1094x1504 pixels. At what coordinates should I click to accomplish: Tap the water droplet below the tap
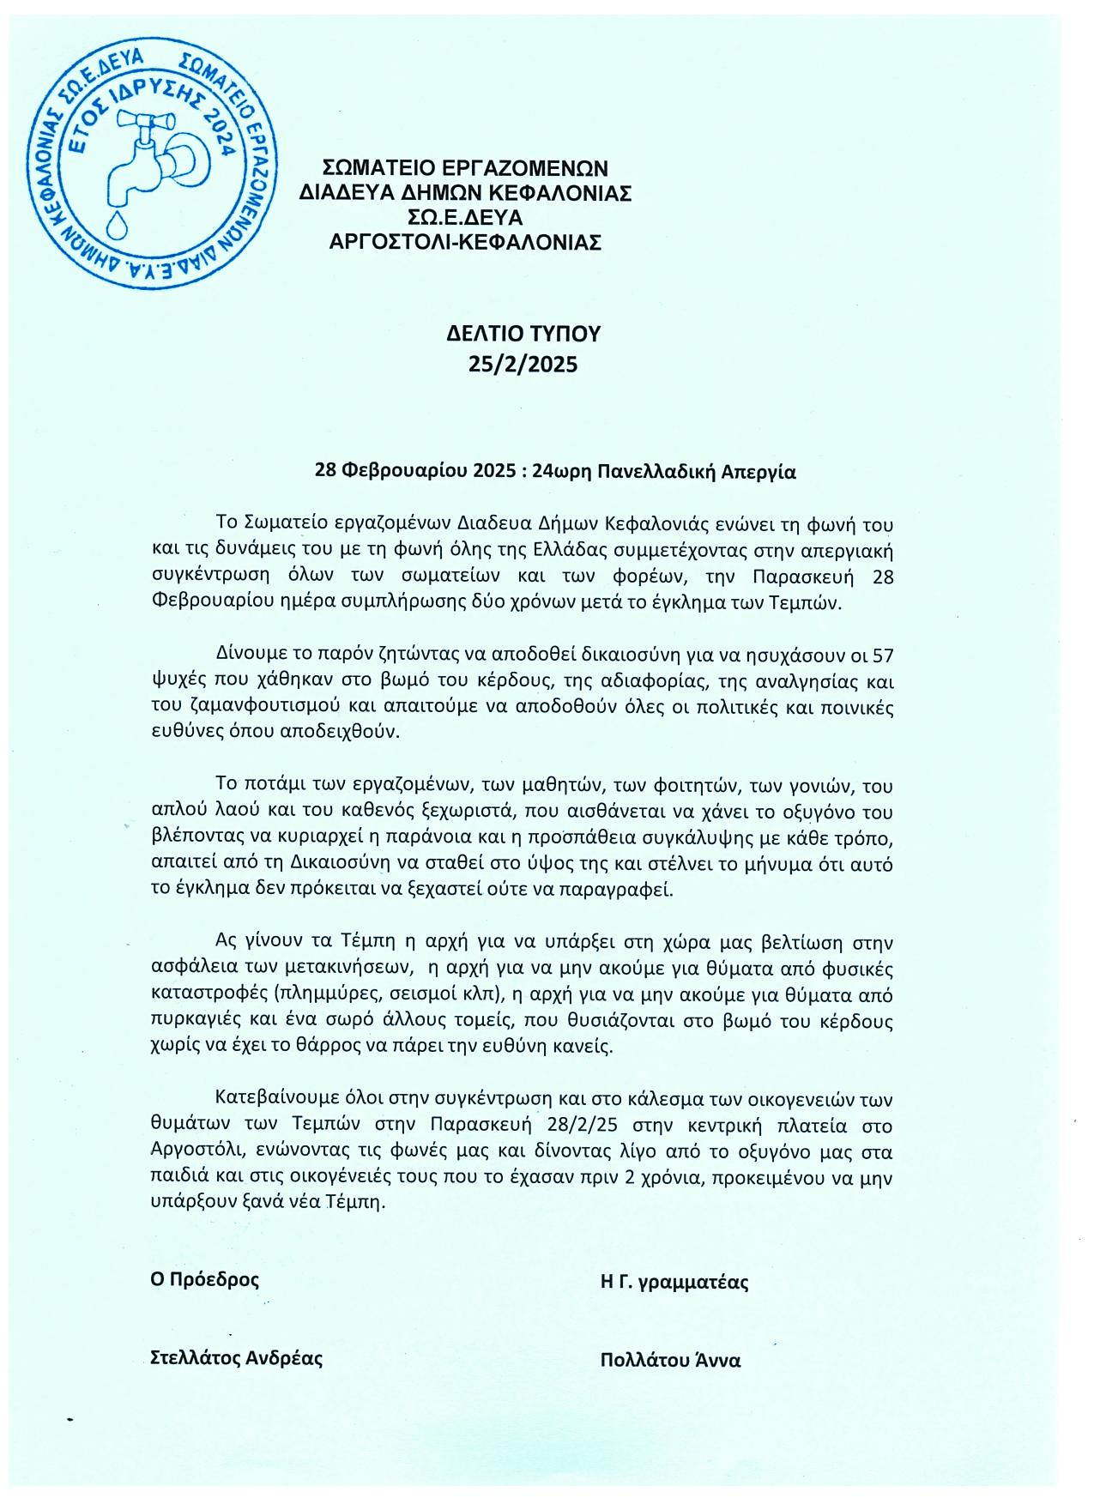[x=114, y=226]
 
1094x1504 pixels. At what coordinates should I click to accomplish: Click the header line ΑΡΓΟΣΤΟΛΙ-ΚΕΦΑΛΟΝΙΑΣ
[x=466, y=242]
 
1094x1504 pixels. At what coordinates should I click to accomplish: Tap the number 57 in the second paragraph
[x=881, y=656]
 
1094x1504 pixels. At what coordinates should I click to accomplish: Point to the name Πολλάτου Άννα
[x=671, y=1360]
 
